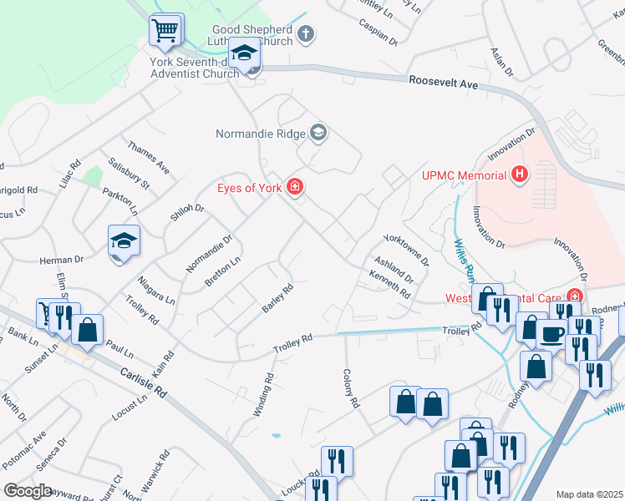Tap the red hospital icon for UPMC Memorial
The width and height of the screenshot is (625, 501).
pyautogui.click(x=521, y=175)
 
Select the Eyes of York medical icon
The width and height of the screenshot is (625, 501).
pyautogui.click(x=294, y=187)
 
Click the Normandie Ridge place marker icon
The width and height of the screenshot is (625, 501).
pyautogui.click(x=318, y=133)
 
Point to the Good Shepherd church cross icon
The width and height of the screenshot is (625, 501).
pyautogui.click(x=306, y=34)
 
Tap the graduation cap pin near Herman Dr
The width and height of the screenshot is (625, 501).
pyautogui.click(x=123, y=241)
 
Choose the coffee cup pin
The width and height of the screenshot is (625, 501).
pyautogui.click(x=551, y=333)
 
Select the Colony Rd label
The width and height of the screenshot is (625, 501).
pyautogui.click(x=350, y=389)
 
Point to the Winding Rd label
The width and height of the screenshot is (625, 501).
pyautogui.click(x=269, y=389)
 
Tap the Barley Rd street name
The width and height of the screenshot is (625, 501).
pyautogui.click(x=277, y=299)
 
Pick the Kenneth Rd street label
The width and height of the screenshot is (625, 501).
pyautogui.click(x=389, y=286)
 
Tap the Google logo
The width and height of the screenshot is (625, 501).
pyautogui.click(x=28, y=490)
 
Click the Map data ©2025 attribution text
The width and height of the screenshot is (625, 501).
pyautogui.click(x=589, y=494)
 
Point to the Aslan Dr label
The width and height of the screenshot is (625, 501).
pyautogui.click(x=501, y=60)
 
